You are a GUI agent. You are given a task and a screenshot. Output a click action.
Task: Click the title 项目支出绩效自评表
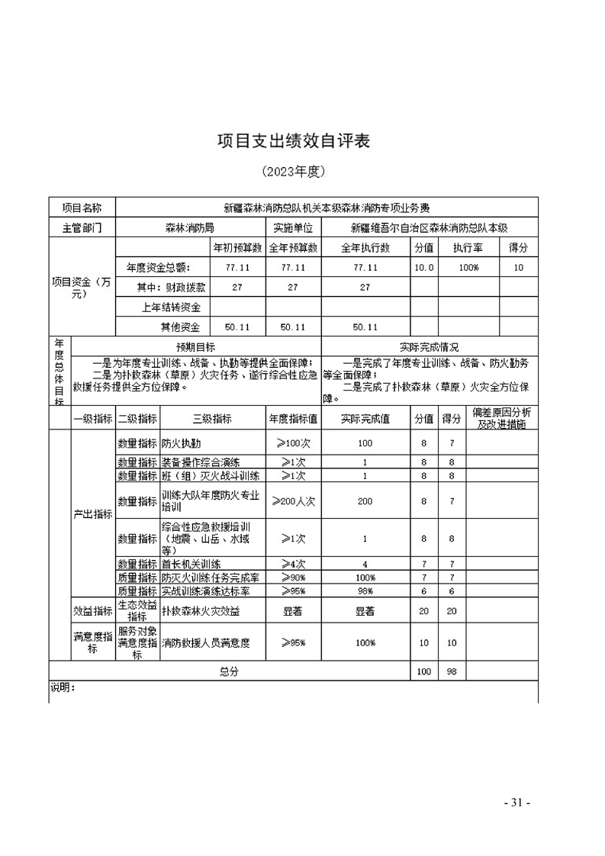[x=294, y=141]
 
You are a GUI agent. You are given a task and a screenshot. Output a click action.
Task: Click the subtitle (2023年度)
[x=294, y=171]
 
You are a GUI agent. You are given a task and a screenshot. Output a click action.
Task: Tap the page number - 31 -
[x=517, y=803]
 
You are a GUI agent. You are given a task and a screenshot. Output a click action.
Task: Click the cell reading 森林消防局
[x=189, y=227]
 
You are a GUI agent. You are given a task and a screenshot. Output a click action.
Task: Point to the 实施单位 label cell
[x=294, y=227]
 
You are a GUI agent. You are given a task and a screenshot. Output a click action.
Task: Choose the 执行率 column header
[x=467, y=248]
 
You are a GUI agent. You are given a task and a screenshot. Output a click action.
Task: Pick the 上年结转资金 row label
[x=172, y=307]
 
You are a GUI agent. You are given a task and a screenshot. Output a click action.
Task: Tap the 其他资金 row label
[x=179, y=327]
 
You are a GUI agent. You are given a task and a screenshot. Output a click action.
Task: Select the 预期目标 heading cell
[x=196, y=347]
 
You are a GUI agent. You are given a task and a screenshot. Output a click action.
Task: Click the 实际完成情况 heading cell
[x=430, y=347]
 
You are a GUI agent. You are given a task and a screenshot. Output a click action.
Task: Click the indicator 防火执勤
[x=182, y=443]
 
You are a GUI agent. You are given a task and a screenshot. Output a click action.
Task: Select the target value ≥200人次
[x=294, y=500]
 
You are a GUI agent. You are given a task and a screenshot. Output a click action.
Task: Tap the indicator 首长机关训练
[x=191, y=565]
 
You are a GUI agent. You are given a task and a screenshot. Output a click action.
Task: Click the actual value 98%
[x=365, y=591]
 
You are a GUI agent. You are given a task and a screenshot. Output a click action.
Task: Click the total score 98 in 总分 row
[x=452, y=671]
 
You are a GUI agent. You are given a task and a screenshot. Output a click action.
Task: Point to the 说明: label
[x=63, y=687]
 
